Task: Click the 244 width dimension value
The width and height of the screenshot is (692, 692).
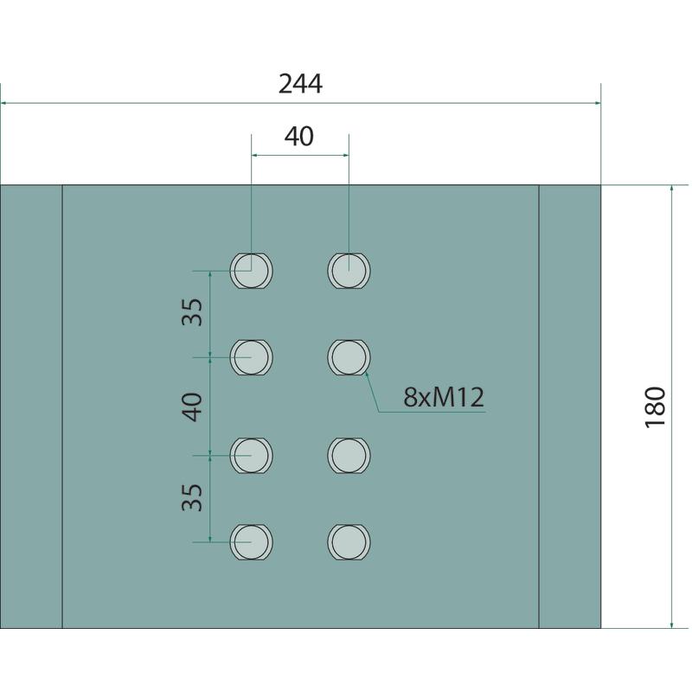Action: pyautogui.click(x=300, y=84)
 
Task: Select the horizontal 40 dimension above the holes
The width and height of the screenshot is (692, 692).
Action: pyautogui.click(x=299, y=137)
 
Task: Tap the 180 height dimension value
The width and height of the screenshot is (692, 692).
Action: pyautogui.click(x=655, y=407)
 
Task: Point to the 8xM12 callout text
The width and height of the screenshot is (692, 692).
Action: pyautogui.click(x=444, y=397)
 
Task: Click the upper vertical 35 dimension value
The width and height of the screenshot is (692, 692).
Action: pyautogui.click(x=192, y=312)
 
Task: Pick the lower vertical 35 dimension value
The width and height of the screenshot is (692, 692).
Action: pyautogui.click(x=192, y=497)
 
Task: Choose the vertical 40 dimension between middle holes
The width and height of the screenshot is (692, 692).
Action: pyautogui.click(x=192, y=407)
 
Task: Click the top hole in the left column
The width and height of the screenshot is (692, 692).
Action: pyautogui.click(x=251, y=271)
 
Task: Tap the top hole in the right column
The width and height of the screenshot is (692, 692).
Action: pyautogui.click(x=349, y=271)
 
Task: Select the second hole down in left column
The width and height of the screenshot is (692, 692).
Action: pyautogui.click(x=251, y=357)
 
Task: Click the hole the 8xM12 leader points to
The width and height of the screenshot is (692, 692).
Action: pyautogui.click(x=349, y=357)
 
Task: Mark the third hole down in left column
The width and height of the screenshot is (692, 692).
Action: pyautogui.click(x=251, y=455)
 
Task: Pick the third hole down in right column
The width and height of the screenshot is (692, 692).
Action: pyautogui.click(x=349, y=455)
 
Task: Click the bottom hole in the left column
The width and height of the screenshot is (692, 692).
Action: pyautogui.click(x=251, y=542)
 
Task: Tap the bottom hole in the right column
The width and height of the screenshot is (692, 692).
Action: pyautogui.click(x=349, y=542)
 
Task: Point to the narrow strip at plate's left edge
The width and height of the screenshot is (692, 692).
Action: pyautogui.click(x=31, y=407)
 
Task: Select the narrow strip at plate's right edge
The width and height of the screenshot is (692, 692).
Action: pyautogui.click(x=570, y=407)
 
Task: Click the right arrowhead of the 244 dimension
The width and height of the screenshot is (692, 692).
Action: pyautogui.click(x=598, y=103)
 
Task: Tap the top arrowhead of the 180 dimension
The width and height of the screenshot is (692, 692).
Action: pyautogui.click(x=672, y=188)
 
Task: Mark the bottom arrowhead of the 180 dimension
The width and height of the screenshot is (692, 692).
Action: pyautogui.click(x=672, y=625)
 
